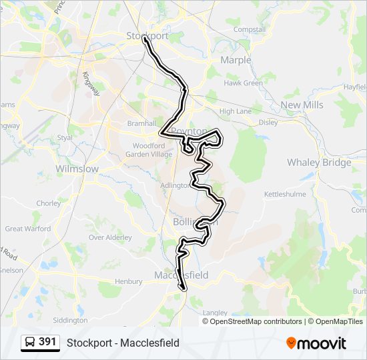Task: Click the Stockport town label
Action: pyautogui.click(x=147, y=35)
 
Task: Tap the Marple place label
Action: pyautogui.click(x=236, y=60)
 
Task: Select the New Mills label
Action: pyautogui.click(x=302, y=105)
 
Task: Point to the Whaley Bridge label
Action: pyautogui.click(x=319, y=163)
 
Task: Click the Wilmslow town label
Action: pyautogui.click(x=77, y=169)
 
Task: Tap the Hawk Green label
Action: pyautogui.click(x=243, y=83)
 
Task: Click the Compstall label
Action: pyautogui.click(x=250, y=30)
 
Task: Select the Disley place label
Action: pyautogui.click(x=268, y=122)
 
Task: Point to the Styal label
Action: pyautogui.click(x=65, y=137)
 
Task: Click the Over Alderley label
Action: pyautogui.click(x=110, y=237)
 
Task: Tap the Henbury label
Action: pyautogui.click(x=128, y=281)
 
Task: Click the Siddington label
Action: pyautogui.click(x=69, y=320)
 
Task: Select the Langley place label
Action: pyautogui.click(x=215, y=312)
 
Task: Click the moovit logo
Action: pyautogui.click(x=316, y=343)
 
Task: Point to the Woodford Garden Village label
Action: pyautogui.click(x=148, y=149)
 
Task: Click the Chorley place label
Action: pyautogui.click(x=48, y=203)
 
